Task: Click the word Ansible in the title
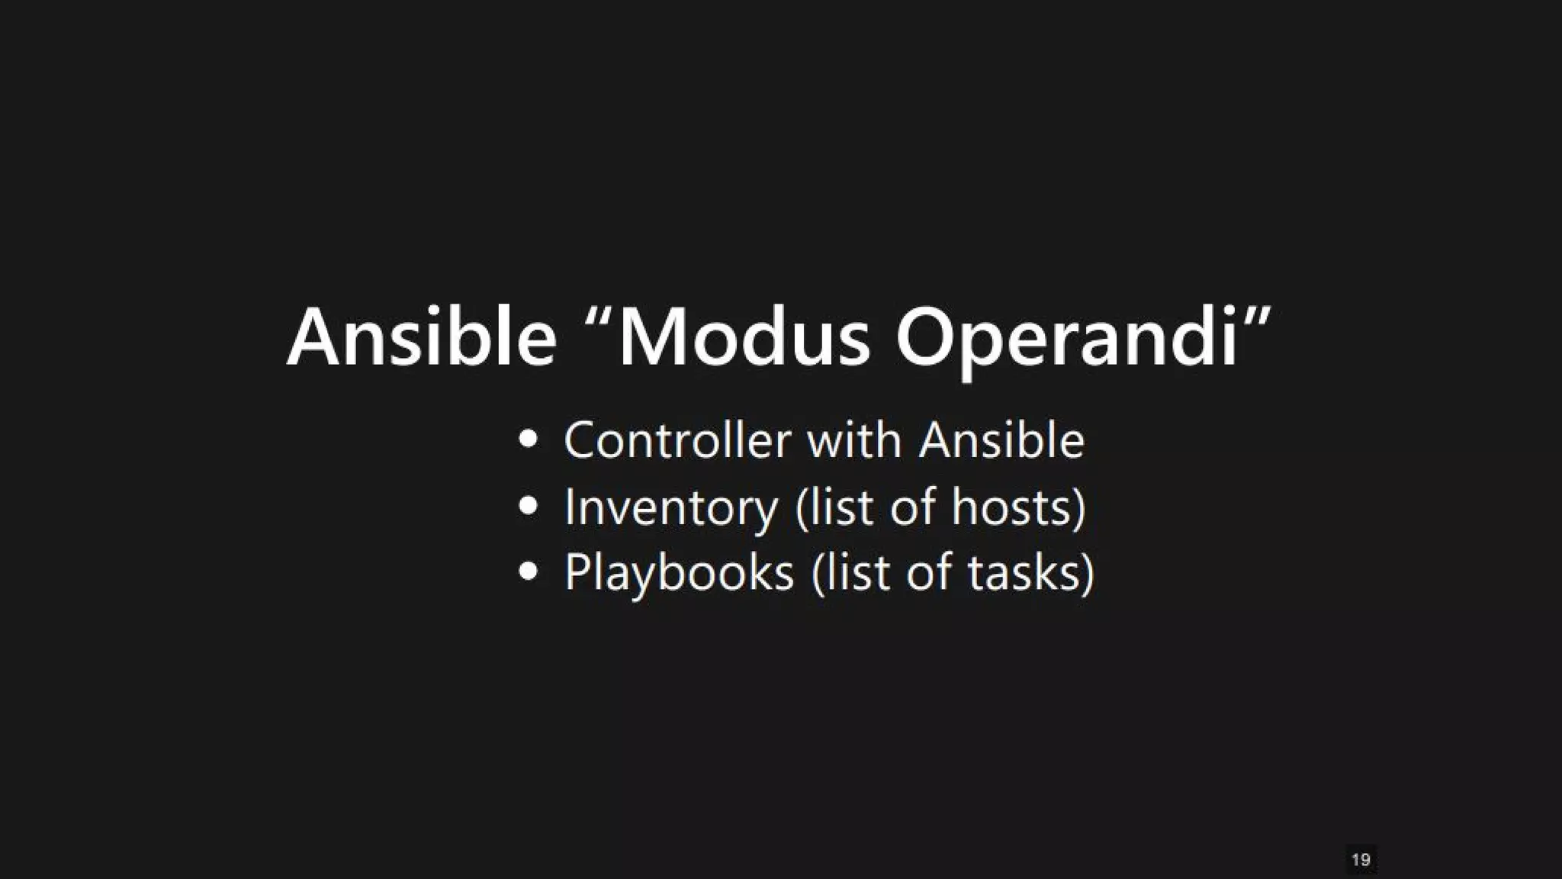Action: [x=422, y=337]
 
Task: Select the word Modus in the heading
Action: [x=744, y=337]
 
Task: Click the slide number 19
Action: [x=1361, y=860]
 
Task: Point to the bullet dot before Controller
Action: [x=529, y=441]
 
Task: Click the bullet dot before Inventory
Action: [x=529, y=507]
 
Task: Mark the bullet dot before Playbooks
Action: [x=529, y=572]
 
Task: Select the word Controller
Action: [x=677, y=441]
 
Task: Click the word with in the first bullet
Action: [x=854, y=441]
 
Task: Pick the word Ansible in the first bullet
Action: [x=1001, y=441]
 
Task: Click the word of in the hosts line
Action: [x=913, y=507]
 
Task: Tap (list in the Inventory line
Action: [x=834, y=507]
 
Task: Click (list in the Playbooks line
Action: [x=850, y=572]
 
